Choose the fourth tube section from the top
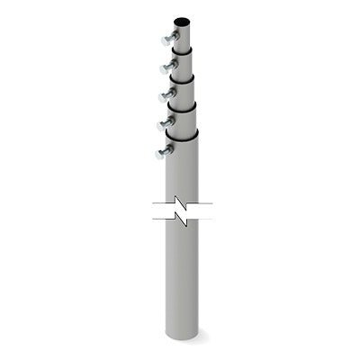pyautogui.click(x=183, y=117)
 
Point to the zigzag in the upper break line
pyautogui.click(x=184, y=203)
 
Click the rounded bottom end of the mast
pyautogui.click(x=182, y=335)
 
